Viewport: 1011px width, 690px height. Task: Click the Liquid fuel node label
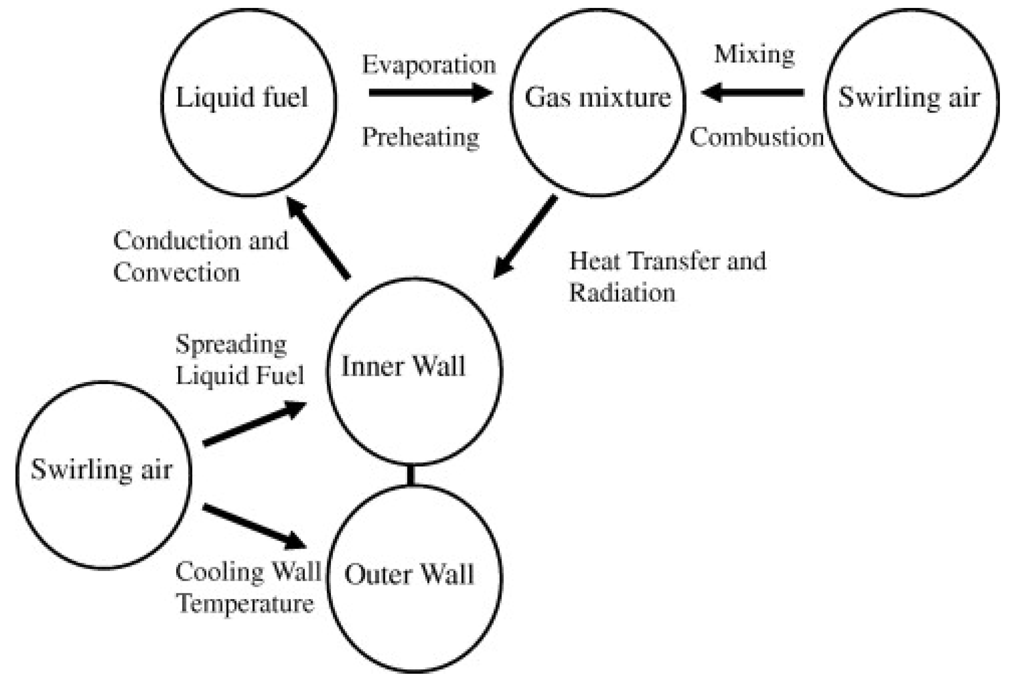pos(242,98)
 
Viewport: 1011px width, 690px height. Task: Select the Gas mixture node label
pos(598,98)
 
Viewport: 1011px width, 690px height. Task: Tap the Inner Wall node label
pos(403,366)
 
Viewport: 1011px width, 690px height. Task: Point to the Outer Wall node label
pos(409,574)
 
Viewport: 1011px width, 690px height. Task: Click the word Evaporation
pos(429,65)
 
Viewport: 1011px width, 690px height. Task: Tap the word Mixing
pos(754,55)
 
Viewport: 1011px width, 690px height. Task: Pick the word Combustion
pos(757,137)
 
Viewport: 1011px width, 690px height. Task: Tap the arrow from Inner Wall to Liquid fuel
pos(318,237)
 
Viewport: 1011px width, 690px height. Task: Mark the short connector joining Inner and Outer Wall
pos(410,475)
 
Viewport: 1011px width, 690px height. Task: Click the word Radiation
pos(622,292)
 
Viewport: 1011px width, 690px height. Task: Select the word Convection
pos(177,273)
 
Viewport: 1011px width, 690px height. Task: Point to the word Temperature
pos(245,604)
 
